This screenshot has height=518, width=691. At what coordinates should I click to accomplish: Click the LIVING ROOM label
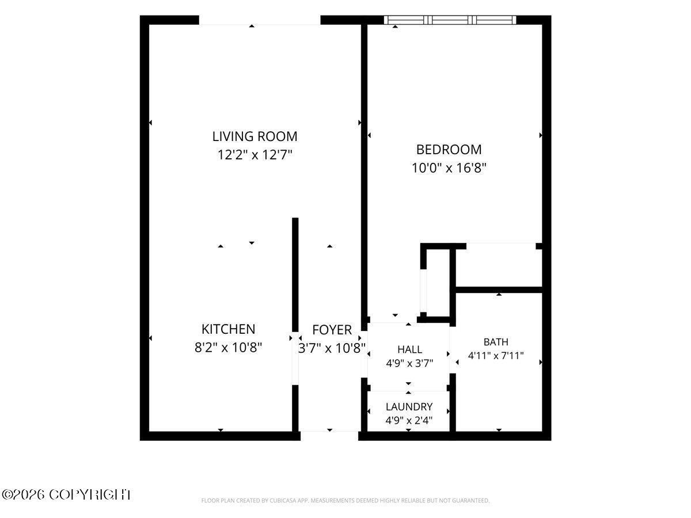point(255,136)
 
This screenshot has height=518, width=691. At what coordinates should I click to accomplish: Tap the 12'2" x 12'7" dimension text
point(255,155)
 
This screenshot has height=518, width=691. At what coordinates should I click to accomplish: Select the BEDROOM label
point(449,150)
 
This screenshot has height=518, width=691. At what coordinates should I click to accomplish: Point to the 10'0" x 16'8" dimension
point(449,168)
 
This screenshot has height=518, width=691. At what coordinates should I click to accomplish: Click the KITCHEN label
point(228,329)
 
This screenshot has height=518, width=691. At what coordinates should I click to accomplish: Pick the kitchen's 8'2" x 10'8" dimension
point(228,348)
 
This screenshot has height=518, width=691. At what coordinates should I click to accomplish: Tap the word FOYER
point(332,330)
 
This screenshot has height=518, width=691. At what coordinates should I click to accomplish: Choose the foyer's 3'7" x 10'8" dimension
point(332,348)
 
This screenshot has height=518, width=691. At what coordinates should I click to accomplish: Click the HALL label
point(409,349)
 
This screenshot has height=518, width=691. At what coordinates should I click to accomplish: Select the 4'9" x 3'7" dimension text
point(409,364)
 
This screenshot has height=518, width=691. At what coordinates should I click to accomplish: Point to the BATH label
point(496,342)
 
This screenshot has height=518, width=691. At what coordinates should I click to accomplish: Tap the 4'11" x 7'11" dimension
point(496,356)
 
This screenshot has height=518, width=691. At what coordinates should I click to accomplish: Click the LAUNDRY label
point(409,407)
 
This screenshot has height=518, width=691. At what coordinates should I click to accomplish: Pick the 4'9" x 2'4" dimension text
point(409,421)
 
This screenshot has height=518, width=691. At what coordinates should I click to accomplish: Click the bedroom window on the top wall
point(450,20)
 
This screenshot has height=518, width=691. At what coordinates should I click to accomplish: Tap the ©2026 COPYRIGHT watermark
point(66,494)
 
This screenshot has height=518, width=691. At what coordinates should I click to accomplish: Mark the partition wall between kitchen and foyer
point(295,275)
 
